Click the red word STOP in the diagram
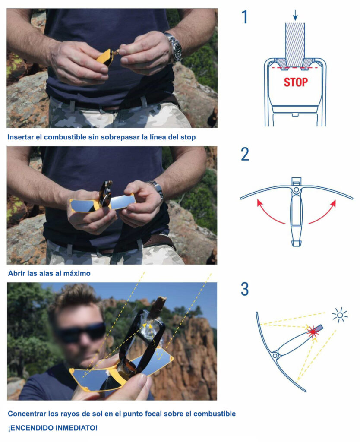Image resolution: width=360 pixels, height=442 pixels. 295,82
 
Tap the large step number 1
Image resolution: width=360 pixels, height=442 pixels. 244,17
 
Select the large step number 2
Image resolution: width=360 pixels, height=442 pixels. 245,154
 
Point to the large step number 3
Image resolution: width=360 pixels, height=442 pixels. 245,289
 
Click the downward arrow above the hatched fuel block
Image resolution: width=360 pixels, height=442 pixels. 295,16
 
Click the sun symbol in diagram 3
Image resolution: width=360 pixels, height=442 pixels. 340,315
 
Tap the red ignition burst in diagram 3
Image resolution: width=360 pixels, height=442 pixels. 313,332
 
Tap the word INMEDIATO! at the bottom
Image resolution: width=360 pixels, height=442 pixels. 76,428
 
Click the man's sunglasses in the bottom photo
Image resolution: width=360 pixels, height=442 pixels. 81,331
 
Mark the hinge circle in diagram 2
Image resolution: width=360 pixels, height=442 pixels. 296,190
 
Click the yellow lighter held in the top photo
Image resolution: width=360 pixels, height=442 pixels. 105,58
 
